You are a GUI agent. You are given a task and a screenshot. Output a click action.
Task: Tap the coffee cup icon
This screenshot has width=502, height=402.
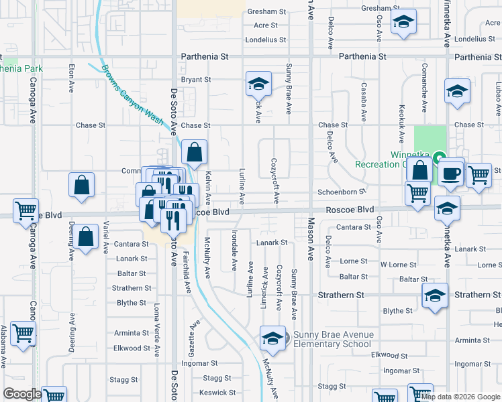[452, 172]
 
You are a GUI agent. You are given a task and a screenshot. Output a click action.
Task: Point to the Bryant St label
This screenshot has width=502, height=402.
[196, 80]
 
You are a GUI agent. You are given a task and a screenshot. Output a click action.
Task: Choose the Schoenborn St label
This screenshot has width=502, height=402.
[345, 192]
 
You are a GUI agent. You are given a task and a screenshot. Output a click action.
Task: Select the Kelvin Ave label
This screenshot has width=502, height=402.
[209, 188]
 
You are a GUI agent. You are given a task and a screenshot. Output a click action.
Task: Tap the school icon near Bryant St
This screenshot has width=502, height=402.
[258, 84]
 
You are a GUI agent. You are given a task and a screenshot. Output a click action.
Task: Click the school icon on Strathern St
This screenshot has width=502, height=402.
[434, 295]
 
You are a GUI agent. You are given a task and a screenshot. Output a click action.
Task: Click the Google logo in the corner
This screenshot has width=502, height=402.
[23, 394]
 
